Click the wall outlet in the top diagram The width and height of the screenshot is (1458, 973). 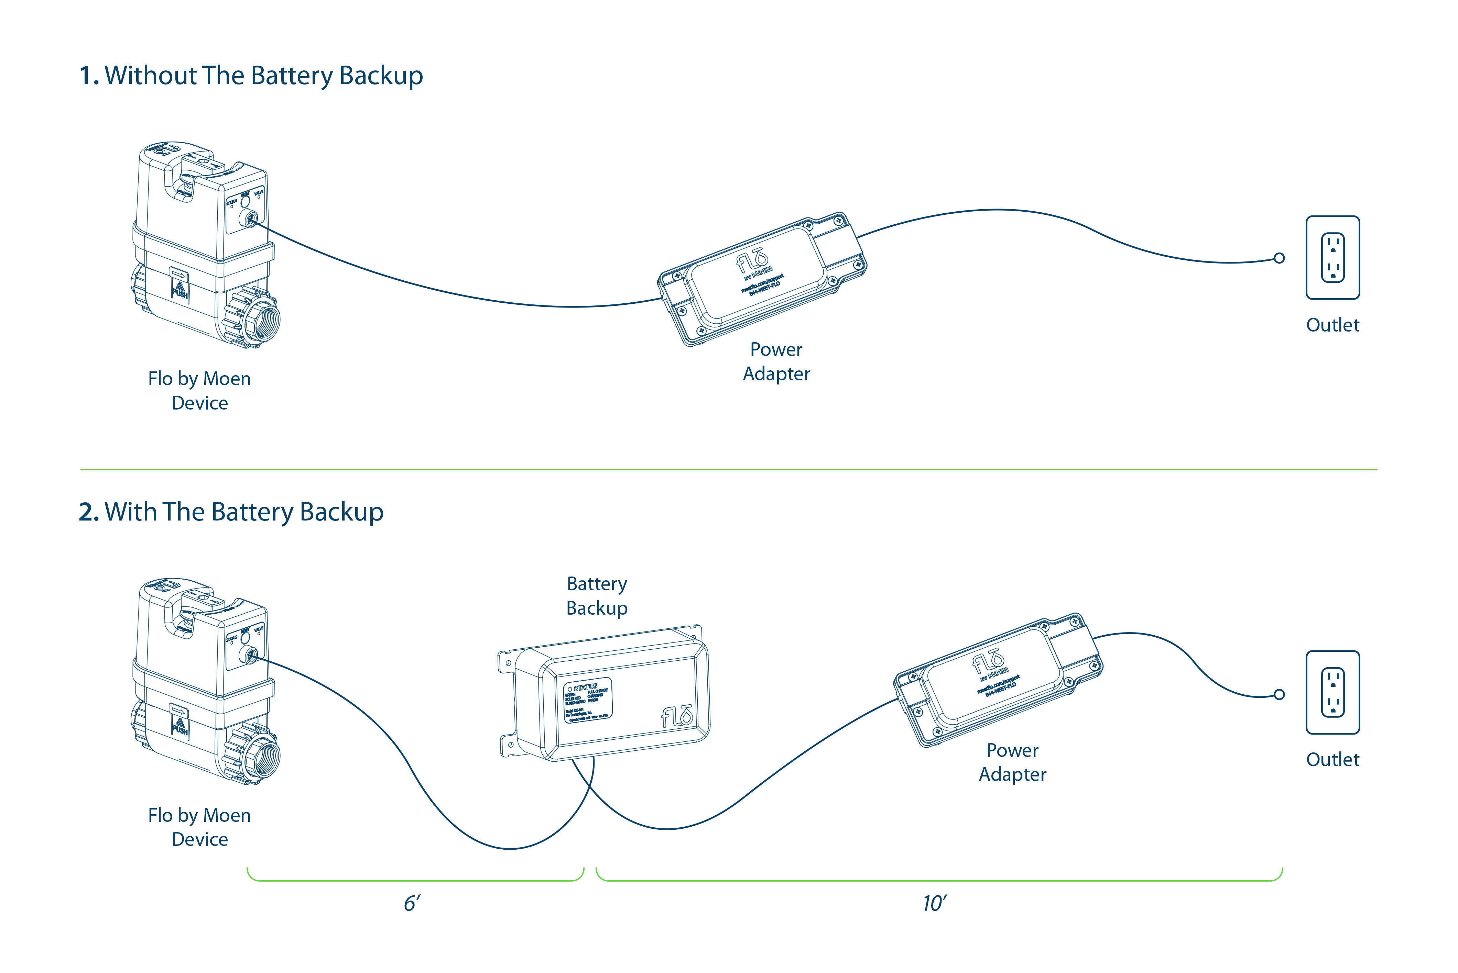coord(1332,258)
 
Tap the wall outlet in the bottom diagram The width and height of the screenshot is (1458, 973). coord(1332,693)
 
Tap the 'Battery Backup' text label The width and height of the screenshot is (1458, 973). coord(597,596)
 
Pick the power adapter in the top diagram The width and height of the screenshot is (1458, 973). coord(763,279)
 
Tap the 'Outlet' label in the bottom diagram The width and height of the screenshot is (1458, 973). coord(1332,760)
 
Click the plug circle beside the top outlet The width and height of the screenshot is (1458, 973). coord(1279,258)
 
